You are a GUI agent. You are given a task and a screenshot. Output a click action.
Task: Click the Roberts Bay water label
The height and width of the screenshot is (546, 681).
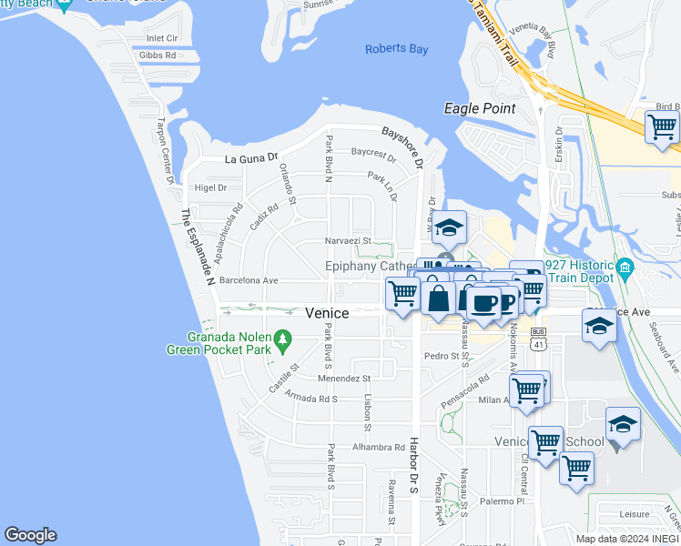(x=396, y=49)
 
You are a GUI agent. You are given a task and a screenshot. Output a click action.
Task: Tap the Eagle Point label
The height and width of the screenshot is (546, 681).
(x=480, y=108)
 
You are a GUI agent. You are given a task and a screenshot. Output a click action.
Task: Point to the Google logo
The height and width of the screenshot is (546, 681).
(x=30, y=535)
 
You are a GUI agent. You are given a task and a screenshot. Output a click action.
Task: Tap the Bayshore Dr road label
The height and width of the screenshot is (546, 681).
(x=403, y=147)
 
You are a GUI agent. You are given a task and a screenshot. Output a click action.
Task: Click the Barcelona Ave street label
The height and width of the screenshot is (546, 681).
(x=248, y=281)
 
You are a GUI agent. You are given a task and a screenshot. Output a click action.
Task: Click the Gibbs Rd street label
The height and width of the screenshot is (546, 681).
(x=157, y=56)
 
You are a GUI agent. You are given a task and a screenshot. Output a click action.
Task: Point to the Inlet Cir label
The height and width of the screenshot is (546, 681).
(x=162, y=39)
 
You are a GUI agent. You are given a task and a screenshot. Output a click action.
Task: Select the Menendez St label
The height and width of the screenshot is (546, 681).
(x=344, y=379)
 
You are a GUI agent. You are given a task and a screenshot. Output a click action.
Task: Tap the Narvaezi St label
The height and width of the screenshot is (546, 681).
(x=348, y=241)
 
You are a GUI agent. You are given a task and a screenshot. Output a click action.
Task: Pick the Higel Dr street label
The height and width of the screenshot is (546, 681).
(x=209, y=188)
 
